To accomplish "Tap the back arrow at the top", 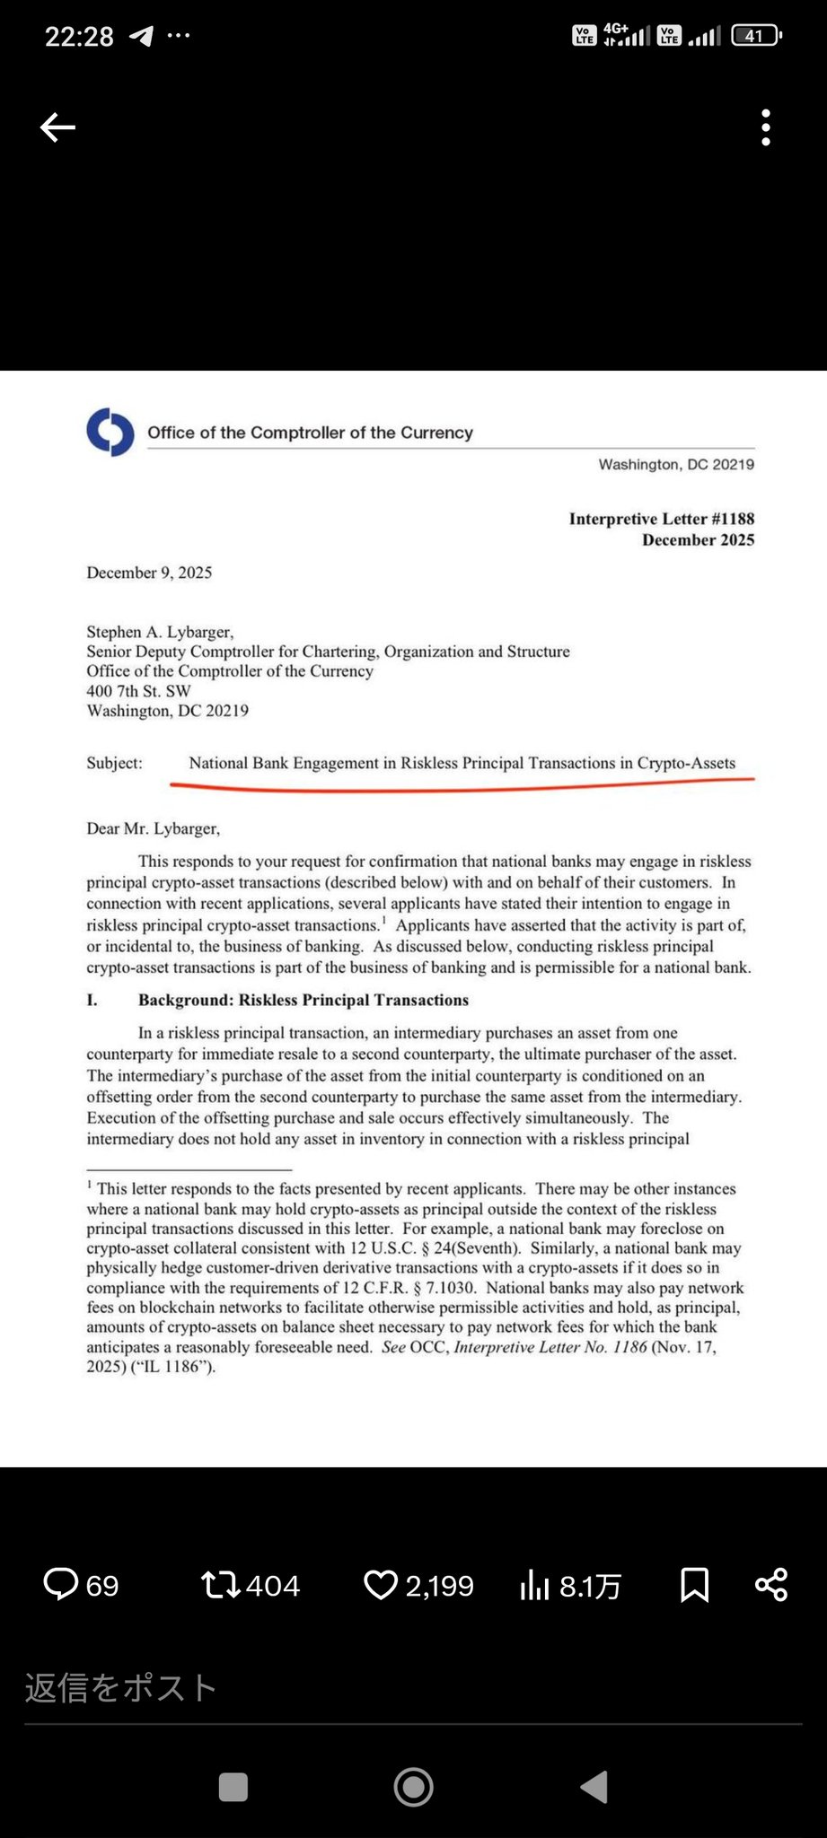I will tap(57, 127).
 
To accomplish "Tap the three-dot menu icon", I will tap(766, 127).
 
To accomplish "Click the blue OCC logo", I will tap(110, 433).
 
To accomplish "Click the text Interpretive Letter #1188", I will tap(661, 519).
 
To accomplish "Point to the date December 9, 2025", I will tap(149, 573).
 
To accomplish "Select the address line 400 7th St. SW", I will tap(138, 691).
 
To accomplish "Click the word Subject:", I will tap(114, 763).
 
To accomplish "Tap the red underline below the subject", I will tap(462, 787).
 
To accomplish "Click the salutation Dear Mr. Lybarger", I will tap(153, 828).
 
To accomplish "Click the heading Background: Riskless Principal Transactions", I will tap(304, 1000).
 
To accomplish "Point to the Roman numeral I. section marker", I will tap(92, 1000).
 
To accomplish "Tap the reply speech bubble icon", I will tap(61, 1584).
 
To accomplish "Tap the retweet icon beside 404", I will tap(221, 1584).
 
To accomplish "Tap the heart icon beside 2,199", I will tap(381, 1584).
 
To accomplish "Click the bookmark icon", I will tap(695, 1585).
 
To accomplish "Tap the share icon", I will tap(771, 1584).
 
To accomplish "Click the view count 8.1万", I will tap(590, 1586).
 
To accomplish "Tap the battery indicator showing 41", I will tap(756, 36).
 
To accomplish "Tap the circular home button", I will tap(413, 1787).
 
